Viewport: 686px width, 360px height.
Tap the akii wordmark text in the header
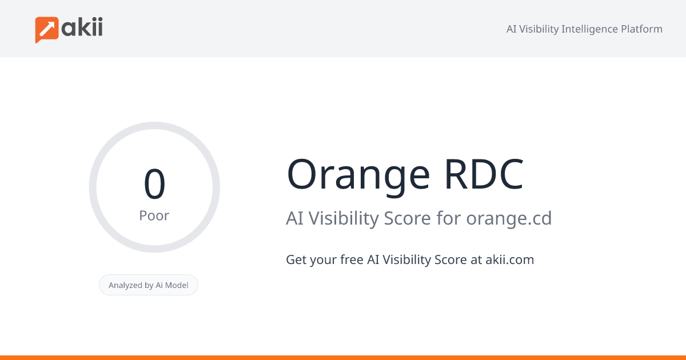82,27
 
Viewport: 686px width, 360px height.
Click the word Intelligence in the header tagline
589,29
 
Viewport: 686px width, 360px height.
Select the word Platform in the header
641,29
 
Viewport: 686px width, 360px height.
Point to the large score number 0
154,184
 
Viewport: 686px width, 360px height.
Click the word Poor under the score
154,215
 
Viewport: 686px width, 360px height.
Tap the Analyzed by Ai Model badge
149,285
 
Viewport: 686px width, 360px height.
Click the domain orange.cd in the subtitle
509,218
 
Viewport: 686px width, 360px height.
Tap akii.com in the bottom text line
509,259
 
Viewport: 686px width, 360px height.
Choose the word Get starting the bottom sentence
296,259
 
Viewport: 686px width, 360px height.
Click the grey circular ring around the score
93,187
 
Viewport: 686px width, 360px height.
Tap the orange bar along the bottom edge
343,357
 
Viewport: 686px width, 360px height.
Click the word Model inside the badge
177,285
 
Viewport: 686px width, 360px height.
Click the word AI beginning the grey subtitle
294,218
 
